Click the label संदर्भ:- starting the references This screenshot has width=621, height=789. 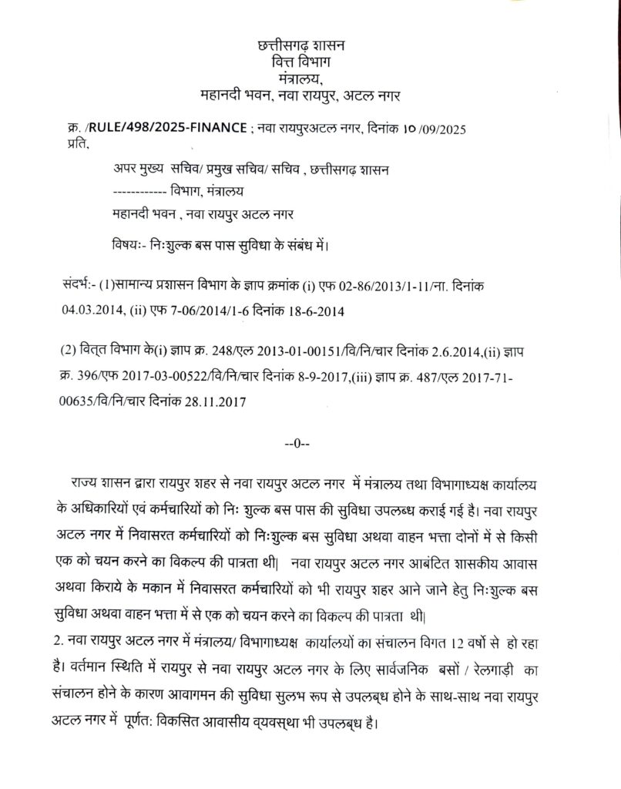click(x=79, y=286)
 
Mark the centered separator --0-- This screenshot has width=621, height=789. click(x=297, y=444)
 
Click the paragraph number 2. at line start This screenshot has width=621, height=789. click(x=63, y=640)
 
